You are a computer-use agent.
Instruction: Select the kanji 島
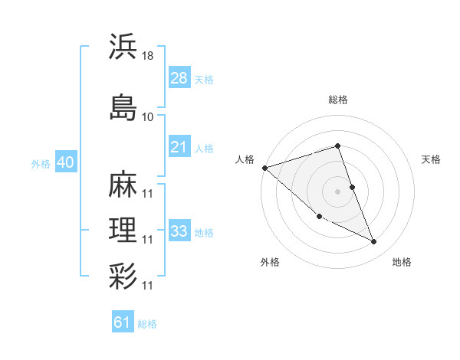click(123, 107)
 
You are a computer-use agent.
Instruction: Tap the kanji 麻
click(123, 184)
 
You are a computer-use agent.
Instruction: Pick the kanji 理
click(123, 230)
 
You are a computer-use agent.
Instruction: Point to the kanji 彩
click(123, 276)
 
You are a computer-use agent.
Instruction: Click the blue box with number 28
click(179, 78)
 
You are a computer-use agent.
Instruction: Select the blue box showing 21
click(179, 147)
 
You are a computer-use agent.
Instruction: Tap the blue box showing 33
click(179, 231)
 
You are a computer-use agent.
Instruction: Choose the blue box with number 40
click(65, 162)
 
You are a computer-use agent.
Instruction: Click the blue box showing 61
click(123, 322)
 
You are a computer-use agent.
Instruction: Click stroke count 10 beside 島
click(148, 116)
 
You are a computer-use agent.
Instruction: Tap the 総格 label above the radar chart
click(338, 100)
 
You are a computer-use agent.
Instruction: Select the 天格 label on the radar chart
click(431, 159)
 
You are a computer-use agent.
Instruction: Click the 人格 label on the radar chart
click(245, 159)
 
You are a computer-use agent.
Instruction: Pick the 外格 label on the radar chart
click(270, 262)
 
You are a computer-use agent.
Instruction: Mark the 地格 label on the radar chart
click(402, 262)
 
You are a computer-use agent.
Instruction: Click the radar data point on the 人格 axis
click(264, 168)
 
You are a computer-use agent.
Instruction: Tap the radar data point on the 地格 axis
click(374, 242)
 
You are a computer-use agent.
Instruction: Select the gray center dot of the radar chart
click(338, 191)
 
